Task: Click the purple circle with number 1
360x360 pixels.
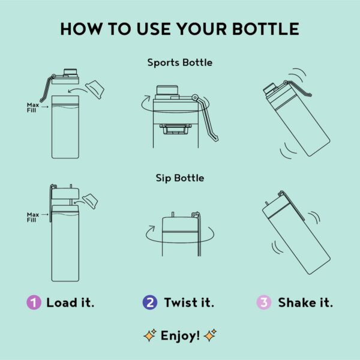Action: click(34, 302)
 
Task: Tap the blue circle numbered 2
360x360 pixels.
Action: click(150, 302)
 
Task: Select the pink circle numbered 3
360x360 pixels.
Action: click(264, 302)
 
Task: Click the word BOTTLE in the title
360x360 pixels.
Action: click(266, 29)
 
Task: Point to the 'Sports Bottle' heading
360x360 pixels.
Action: click(180, 62)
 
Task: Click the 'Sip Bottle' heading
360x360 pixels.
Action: click(180, 178)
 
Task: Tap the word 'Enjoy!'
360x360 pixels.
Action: click(180, 336)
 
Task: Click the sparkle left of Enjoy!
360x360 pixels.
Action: click(150, 335)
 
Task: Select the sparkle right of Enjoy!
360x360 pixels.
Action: click(210, 335)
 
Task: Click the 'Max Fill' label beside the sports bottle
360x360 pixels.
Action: click(33, 107)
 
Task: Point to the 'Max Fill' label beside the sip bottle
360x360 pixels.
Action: click(33, 217)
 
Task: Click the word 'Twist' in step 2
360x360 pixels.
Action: click(181, 302)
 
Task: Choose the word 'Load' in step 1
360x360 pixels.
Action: click(62, 302)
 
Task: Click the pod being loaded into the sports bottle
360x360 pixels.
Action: click(95, 89)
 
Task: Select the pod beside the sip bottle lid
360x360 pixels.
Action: click(90, 201)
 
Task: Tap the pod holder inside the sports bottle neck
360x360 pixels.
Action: click(175, 129)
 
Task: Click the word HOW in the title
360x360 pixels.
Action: click(81, 29)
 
